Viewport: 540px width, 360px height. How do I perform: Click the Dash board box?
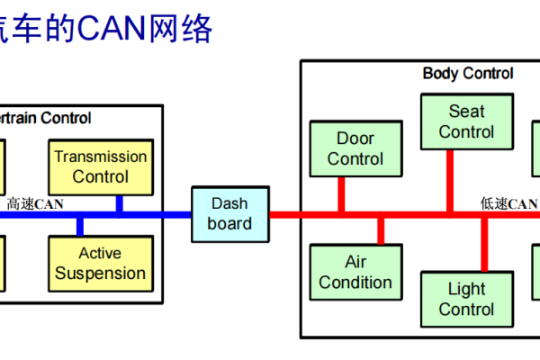[x=229, y=213]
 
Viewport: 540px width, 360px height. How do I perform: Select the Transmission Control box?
[x=100, y=166]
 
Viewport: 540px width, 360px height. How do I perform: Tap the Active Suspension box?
[x=100, y=263]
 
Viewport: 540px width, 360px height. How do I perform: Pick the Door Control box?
[x=355, y=148]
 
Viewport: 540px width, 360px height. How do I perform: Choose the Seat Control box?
[x=466, y=121]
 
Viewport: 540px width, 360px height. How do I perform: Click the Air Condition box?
[x=355, y=271]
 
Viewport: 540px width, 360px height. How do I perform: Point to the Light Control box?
[x=466, y=299]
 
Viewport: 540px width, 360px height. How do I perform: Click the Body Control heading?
[x=468, y=74]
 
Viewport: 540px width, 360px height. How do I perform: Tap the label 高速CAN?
[x=36, y=204]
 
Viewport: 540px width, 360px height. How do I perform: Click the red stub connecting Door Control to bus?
[x=341, y=193]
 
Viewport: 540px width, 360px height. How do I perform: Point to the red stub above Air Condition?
[x=381, y=230]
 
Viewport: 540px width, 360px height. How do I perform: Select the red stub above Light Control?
[x=484, y=245]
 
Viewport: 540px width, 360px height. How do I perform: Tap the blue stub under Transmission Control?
[x=119, y=204]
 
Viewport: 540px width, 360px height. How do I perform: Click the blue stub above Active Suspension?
[x=80, y=225]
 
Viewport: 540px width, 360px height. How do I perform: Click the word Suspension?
[x=100, y=273]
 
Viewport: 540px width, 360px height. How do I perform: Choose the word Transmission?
[x=100, y=157]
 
